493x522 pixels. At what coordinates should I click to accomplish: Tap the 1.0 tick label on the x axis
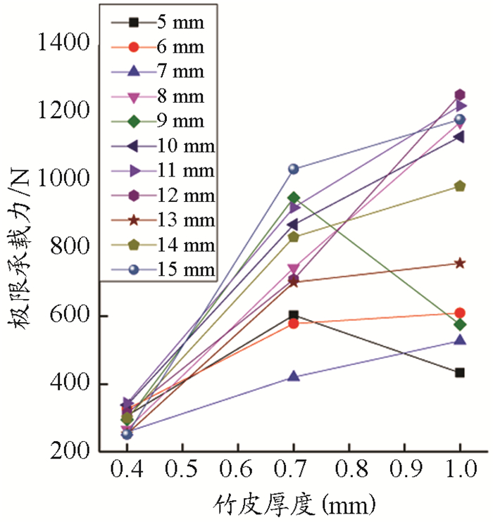[x=460, y=469]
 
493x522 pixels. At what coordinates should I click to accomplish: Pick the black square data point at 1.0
[x=460, y=372]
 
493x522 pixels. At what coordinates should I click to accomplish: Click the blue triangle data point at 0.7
[x=294, y=377]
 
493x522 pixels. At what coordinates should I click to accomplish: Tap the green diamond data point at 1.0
[x=460, y=324]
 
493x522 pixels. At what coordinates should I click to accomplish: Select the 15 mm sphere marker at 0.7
[x=294, y=169]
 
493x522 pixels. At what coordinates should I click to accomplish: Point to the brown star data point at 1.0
[x=460, y=263]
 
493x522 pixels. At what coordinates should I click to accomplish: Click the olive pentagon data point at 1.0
[x=460, y=186]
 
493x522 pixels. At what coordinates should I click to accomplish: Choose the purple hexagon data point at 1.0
[x=460, y=95]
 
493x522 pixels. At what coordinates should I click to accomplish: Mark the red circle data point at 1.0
[x=460, y=313]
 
